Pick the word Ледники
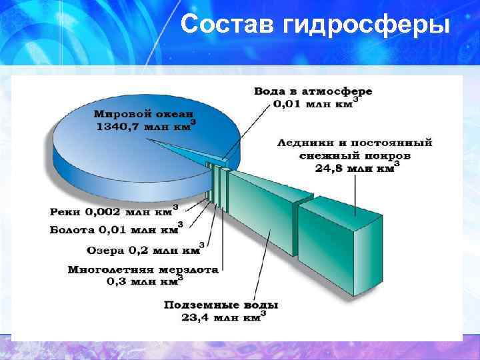(x=304, y=142)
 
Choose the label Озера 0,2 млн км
(x=143, y=251)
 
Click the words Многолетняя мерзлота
(x=143, y=270)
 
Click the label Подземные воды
(x=221, y=305)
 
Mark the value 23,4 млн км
(x=220, y=317)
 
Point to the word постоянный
(x=393, y=142)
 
